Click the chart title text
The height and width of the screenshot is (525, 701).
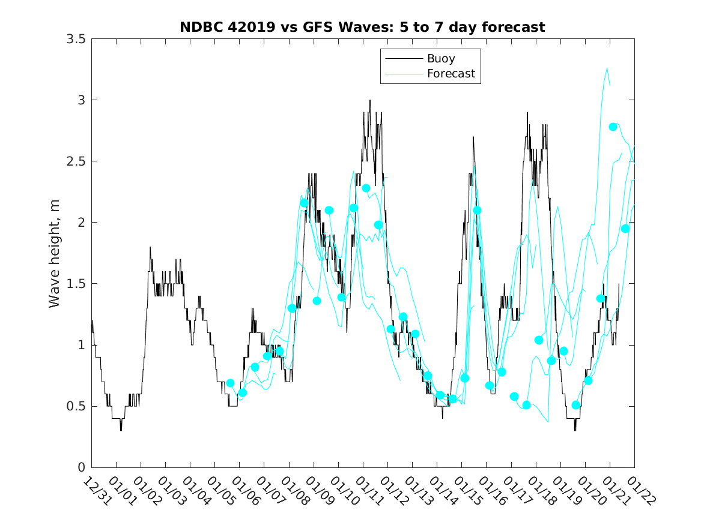coord(362,27)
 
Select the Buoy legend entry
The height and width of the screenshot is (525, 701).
coord(440,59)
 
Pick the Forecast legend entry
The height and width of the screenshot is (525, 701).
coord(451,74)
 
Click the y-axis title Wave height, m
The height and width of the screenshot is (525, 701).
coord(55,253)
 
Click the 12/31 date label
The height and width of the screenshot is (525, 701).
coord(96,490)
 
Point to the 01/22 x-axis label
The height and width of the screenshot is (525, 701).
coord(639,490)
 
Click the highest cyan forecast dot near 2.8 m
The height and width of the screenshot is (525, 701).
coord(613,127)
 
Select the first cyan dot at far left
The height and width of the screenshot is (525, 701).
coord(230,383)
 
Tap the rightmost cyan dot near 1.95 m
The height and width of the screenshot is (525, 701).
coord(625,229)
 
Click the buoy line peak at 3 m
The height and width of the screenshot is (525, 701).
coord(370,100)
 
